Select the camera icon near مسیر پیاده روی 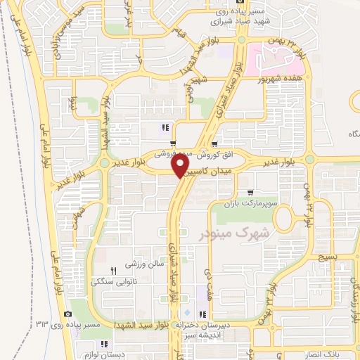tap(67, 314)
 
